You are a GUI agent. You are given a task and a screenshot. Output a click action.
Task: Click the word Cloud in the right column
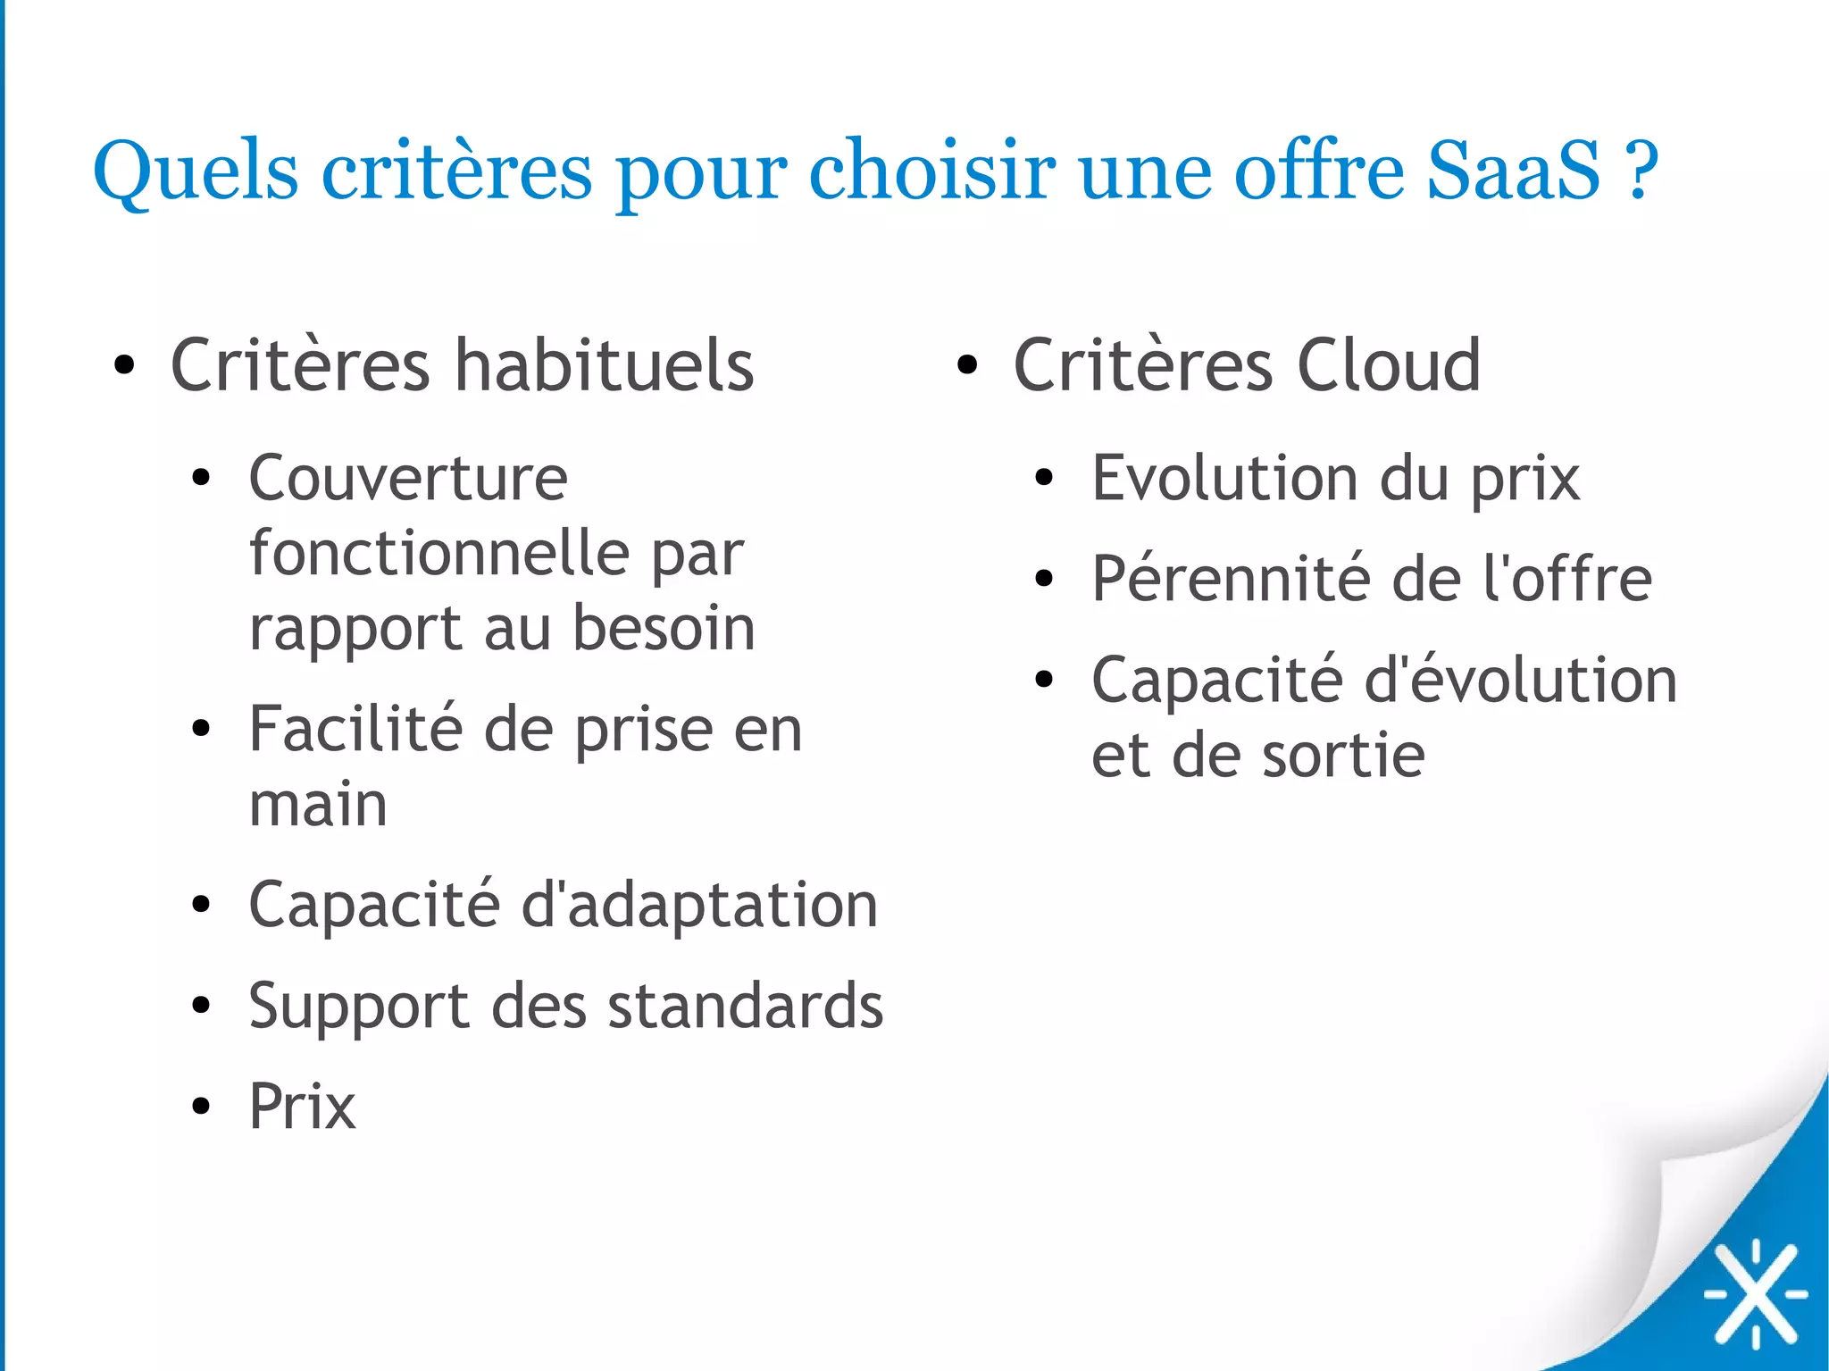(x=1388, y=365)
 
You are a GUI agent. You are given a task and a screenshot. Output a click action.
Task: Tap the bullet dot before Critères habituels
(x=124, y=365)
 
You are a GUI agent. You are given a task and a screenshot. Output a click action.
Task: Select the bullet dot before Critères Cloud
(x=967, y=365)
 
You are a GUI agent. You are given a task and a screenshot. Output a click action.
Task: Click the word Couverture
(x=408, y=479)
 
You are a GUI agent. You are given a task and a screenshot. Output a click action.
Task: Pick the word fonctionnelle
(x=438, y=554)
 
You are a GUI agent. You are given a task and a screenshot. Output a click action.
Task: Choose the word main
(x=318, y=805)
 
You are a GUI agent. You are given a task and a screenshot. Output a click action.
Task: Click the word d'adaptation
(x=698, y=906)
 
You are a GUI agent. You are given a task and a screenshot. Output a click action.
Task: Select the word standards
(x=746, y=1007)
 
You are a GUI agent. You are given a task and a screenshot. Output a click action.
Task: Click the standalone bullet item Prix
(x=302, y=1108)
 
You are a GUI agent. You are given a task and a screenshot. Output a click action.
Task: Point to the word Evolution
(x=1224, y=479)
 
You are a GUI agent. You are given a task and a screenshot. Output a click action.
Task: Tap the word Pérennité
(x=1232, y=580)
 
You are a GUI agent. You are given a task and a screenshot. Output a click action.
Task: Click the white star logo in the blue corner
(x=1755, y=1292)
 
